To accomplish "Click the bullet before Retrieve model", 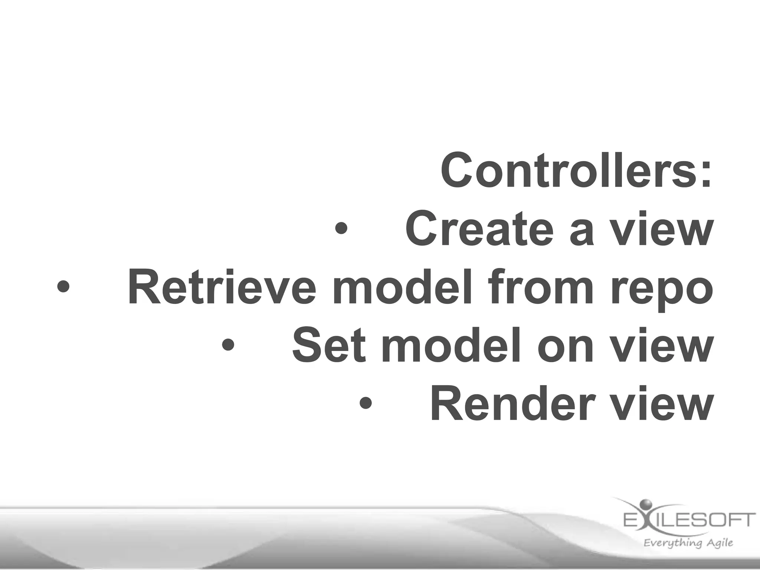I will pos(63,286).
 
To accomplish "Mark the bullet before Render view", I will pos(366,403).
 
